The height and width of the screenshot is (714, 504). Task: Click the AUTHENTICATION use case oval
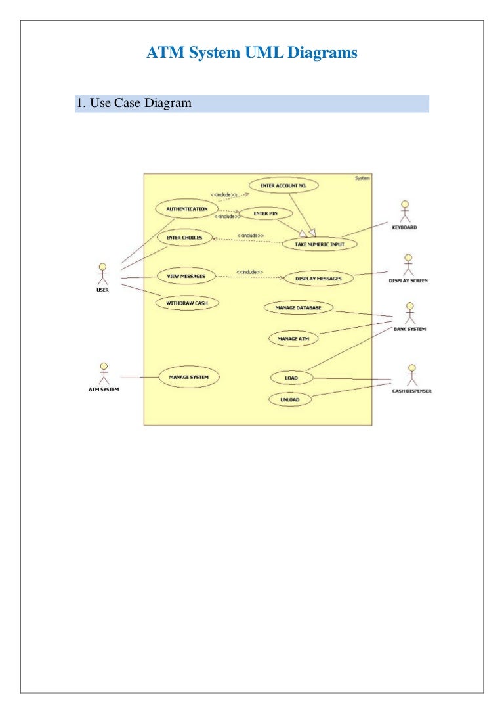[186, 209]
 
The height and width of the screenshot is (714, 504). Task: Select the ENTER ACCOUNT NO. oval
[283, 185]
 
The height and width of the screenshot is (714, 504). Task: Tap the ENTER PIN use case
[266, 213]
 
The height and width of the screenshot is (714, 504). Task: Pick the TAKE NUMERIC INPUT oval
[320, 244]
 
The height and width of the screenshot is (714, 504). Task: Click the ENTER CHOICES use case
[184, 238]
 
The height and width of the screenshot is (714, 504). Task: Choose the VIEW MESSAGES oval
[186, 276]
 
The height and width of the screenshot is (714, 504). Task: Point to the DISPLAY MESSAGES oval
[318, 279]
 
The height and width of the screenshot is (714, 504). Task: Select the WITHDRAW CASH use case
[187, 303]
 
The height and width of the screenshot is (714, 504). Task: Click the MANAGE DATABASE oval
[299, 308]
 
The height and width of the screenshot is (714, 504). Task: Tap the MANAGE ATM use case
[293, 339]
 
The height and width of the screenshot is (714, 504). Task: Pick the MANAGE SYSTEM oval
[189, 377]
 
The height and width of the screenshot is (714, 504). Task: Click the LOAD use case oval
[291, 378]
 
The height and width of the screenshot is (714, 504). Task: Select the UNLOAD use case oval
[290, 400]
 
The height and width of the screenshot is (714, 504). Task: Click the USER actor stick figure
[103, 274]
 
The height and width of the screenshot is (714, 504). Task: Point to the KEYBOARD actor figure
[405, 212]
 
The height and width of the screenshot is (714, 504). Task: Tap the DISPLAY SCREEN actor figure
[408, 265]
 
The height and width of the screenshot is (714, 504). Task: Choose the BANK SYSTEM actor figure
[410, 313]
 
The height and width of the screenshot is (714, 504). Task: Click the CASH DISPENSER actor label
[411, 391]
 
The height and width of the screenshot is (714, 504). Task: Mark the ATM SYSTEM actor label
[104, 390]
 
